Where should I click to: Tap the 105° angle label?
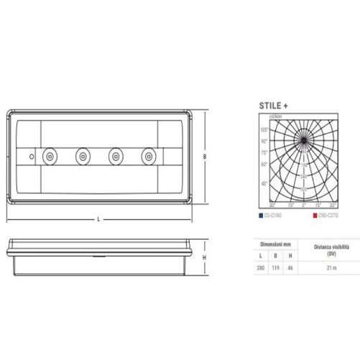tap(264, 130)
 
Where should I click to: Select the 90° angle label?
tap(264, 141)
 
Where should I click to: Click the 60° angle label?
tap(264, 165)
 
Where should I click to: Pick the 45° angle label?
tap(264, 183)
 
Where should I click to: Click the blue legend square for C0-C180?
tap(259, 214)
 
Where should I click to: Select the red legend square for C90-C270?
tap(315, 214)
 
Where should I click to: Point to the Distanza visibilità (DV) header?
tap(331, 249)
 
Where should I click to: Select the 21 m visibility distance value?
tap(331, 268)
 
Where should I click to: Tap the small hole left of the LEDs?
tap(31, 155)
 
